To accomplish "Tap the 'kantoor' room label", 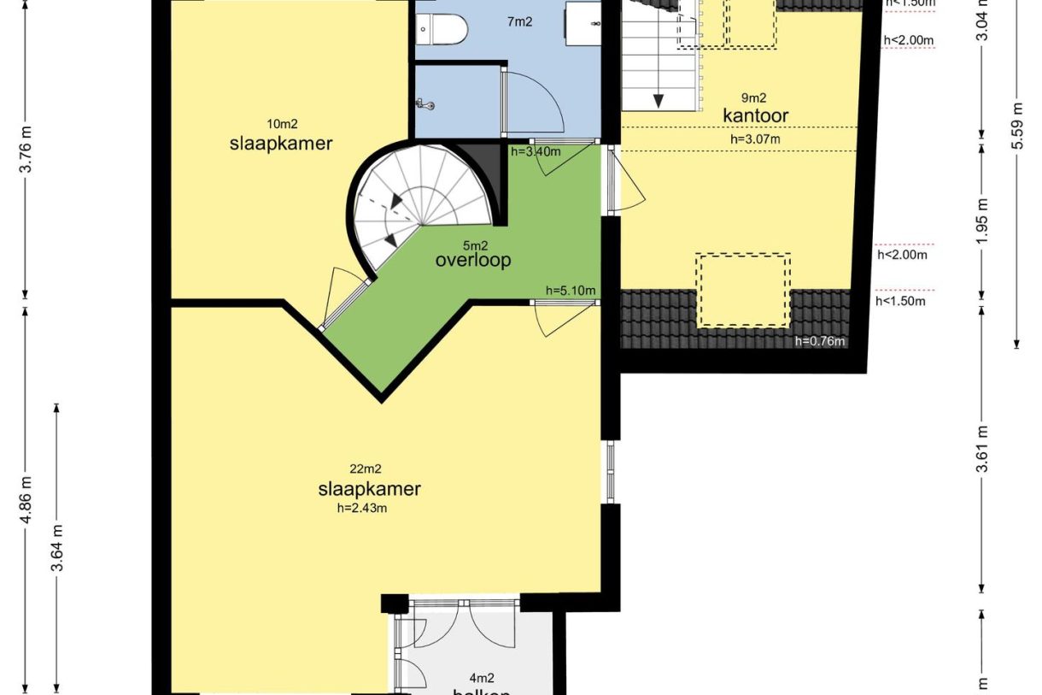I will click(x=755, y=115).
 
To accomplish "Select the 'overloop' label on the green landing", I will click(x=472, y=260).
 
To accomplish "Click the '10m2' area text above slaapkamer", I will click(x=280, y=123).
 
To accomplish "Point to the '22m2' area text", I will click(x=365, y=468).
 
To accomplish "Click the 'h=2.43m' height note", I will click(x=363, y=509).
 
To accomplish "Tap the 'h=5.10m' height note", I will click(x=571, y=291).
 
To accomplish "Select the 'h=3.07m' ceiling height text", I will click(x=755, y=138).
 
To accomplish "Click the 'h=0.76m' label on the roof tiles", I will click(x=819, y=342).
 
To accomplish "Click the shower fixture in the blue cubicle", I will click(x=426, y=104).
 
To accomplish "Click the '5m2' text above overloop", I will click(x=471, y=244).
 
